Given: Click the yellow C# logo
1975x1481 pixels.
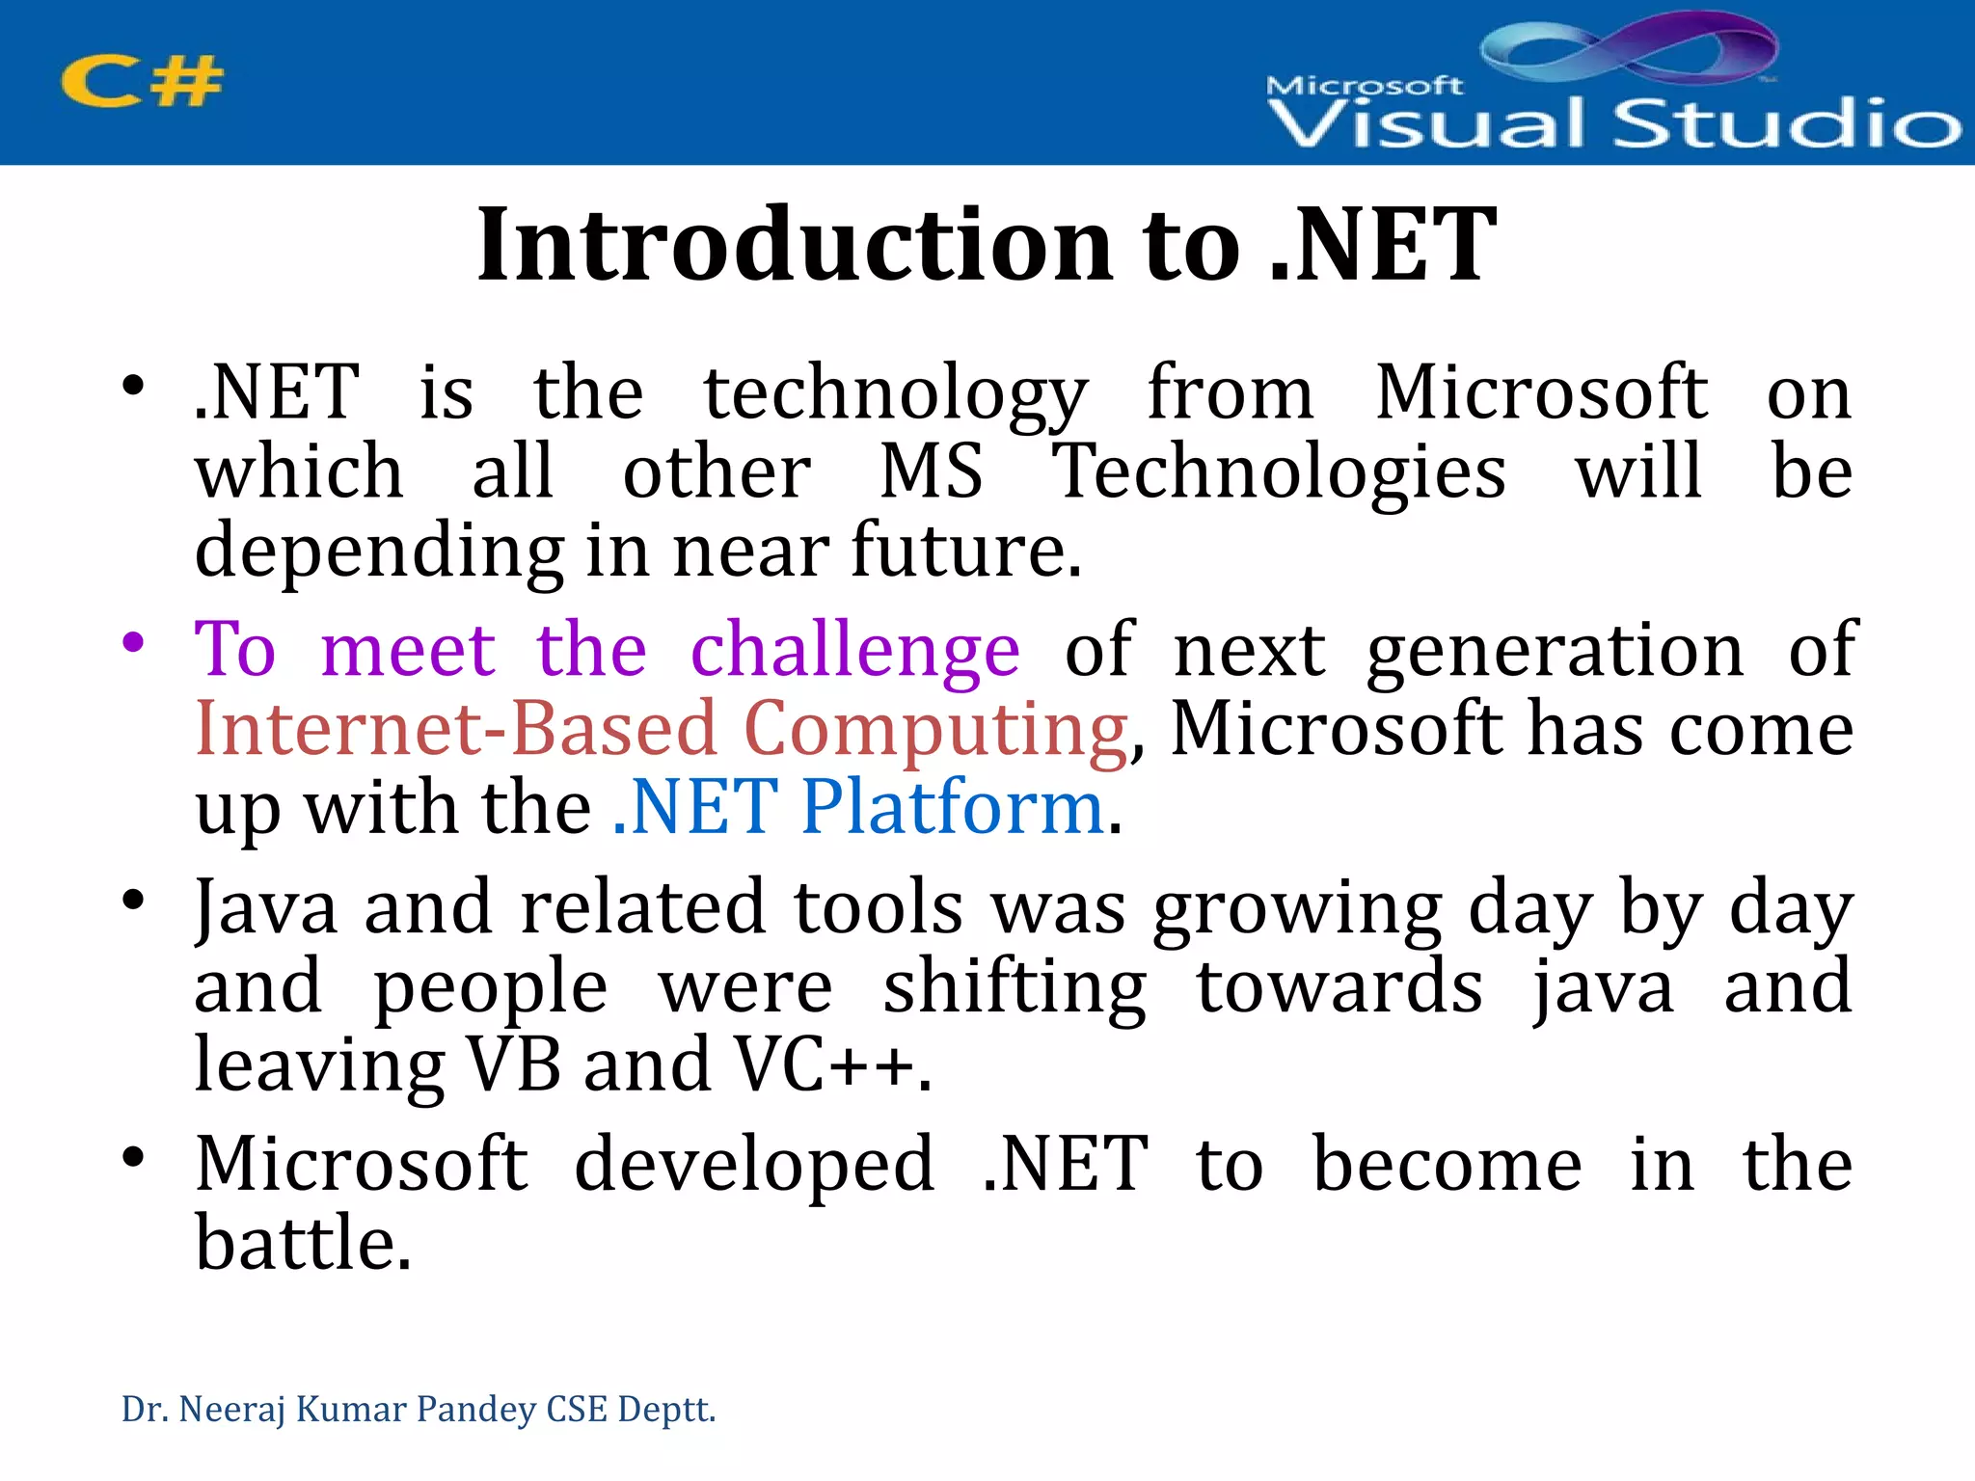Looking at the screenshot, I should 142,81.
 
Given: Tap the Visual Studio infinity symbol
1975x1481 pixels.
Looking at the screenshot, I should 1630,48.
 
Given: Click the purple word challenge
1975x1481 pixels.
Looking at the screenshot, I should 854,651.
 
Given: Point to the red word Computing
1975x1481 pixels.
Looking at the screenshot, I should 934,730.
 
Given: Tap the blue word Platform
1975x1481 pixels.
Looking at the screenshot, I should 952,807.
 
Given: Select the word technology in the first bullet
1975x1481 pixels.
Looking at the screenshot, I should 896,395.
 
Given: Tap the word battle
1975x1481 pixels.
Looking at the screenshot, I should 302,1244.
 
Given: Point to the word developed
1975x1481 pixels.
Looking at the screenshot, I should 754,1165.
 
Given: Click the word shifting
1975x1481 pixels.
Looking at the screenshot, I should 1015,988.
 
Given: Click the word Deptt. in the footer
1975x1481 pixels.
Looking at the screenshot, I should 666,1410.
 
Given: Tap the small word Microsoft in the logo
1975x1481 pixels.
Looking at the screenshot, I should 1364,86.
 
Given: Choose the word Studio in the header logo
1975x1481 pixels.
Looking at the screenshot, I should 1786,123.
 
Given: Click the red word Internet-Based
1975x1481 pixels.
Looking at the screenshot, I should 456,730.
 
